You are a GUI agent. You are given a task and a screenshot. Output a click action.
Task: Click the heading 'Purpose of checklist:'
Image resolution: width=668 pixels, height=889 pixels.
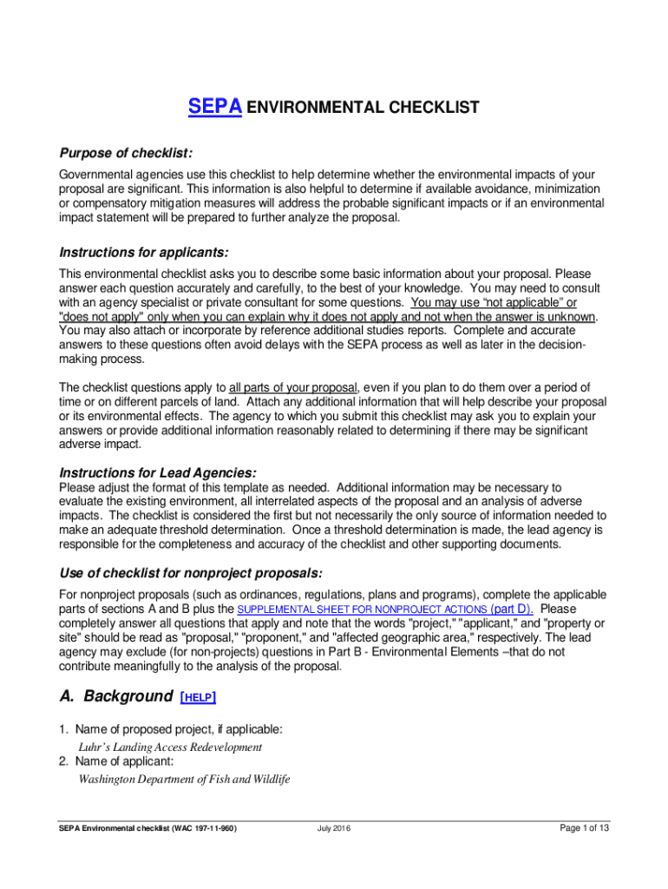coord(125,153)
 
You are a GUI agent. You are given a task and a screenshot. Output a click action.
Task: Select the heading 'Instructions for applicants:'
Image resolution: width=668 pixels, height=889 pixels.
coord(143,253)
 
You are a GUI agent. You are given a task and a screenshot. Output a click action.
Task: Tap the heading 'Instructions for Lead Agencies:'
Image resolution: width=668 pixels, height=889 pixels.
coord(157,473)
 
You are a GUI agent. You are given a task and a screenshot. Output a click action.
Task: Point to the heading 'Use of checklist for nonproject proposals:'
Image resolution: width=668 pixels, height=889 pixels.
coord(190,574)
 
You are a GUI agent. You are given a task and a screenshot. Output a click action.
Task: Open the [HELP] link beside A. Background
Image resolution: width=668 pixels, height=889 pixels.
coord(198,697)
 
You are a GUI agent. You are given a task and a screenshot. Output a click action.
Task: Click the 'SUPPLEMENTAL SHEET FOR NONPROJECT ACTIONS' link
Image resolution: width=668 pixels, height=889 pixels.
coord(363,610)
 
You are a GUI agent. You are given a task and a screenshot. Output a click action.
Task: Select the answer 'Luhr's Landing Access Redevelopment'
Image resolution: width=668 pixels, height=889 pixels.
coord(170,747)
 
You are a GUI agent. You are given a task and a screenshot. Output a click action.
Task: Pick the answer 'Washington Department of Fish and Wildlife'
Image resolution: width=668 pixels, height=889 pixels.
coord(184,779)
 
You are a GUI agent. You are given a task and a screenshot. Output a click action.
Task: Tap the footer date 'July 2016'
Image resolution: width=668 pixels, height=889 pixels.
coord(334,828)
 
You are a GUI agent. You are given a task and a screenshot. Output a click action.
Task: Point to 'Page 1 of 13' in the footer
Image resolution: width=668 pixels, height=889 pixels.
coord(585,828)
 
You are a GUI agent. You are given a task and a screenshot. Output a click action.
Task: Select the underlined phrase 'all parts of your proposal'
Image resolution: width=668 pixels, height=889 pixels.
coord(292,386)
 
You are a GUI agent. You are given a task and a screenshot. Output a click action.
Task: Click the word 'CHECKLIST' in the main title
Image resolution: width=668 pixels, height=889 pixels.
coord(438,109)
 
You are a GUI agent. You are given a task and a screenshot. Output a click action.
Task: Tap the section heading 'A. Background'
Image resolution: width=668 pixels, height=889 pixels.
coord(115,696)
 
